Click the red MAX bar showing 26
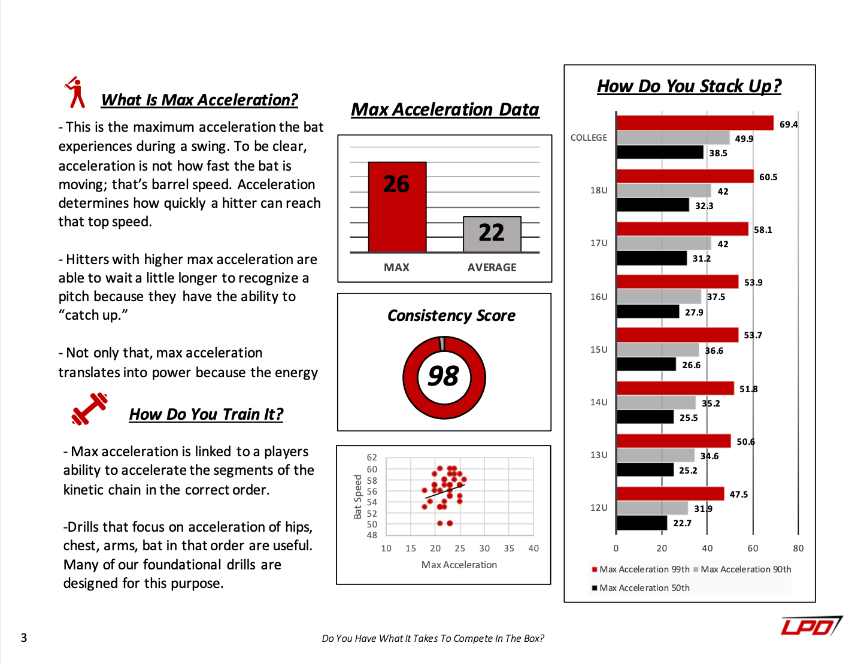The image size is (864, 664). (397, 207)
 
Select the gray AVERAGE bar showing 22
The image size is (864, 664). (492, 234)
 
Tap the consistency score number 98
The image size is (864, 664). (444, 377)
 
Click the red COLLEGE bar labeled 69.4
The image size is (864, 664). (695, 123)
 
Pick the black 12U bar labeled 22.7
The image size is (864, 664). (641, 523)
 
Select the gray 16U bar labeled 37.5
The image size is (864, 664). (659, 296)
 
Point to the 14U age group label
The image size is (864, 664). (599, 402)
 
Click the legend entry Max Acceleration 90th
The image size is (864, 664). (745, 569)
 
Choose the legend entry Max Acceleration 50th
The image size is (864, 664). (644, 588)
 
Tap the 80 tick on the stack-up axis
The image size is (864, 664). (798, 548)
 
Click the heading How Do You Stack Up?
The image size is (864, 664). (689, 86)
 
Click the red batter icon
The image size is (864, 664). (75, 93)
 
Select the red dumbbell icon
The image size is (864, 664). (89, 409)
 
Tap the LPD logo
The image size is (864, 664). (811, 626)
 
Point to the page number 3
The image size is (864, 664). (24, 638)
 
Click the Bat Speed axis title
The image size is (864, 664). (358, 496)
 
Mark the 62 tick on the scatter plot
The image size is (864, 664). (372, 457)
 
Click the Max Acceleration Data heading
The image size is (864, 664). (445, 110)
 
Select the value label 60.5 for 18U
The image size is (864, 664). (768, 177)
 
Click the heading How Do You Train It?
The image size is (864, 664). (206, 414)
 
